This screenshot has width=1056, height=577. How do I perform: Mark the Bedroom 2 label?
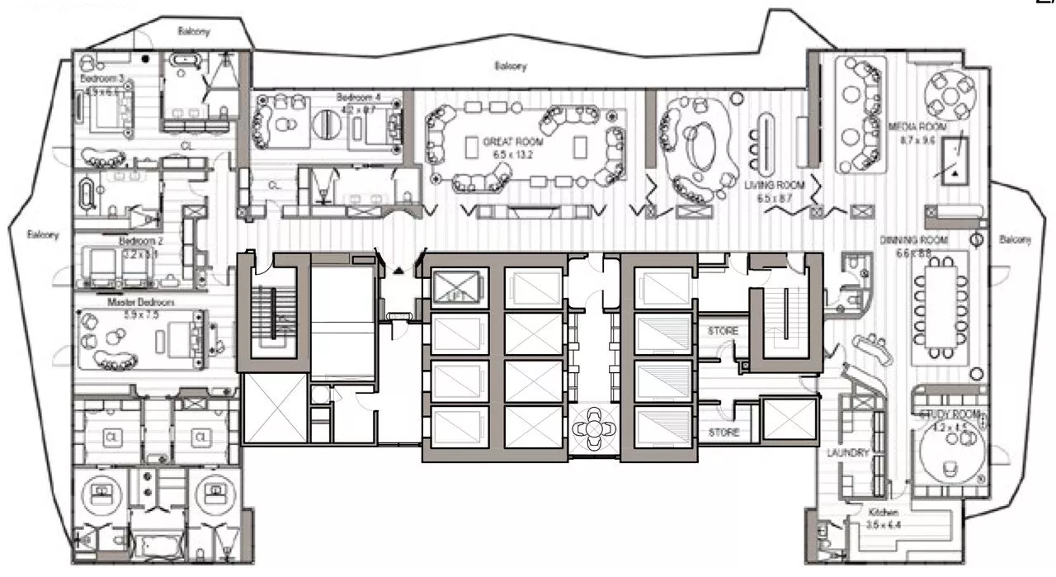pyautogui.click(x=137, y=241)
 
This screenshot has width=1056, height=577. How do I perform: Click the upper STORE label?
pyautogui.click(x=722, y=331)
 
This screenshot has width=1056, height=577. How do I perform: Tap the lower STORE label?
pyautogui.click(x=722, y=433)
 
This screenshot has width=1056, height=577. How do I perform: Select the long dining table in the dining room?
pyautogui.click(x=940, y=305)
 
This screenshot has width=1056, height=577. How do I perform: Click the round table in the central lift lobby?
pyautogui.click(x=593, y=429)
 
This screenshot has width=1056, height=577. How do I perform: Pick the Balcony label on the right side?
pyautogui.click(x=1015, y=240)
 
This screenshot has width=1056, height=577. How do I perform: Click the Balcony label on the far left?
pyautogui.click(x=42, y=234)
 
